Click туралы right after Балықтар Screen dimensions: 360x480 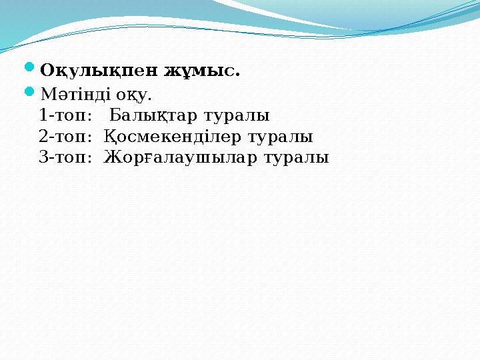(237, 115)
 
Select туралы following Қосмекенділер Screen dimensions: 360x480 (281, 137)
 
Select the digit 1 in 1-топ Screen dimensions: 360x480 (43, 115)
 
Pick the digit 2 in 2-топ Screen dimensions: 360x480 (43, 137)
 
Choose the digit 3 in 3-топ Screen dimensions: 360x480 (43, 158)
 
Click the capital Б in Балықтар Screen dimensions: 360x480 (115, 115)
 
